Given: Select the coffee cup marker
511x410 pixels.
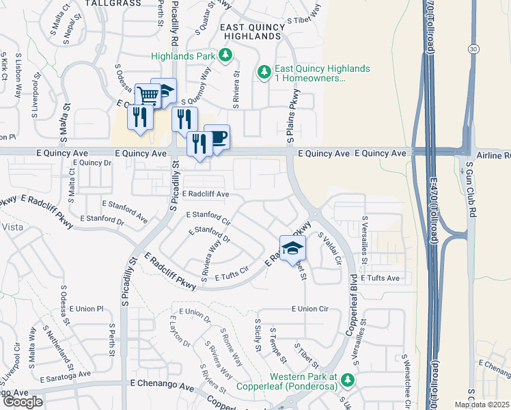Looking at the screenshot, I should click(217, 137).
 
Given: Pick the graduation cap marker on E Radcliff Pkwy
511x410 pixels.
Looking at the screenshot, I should click(292, 247).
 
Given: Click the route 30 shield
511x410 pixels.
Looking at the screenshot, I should click(473, 49).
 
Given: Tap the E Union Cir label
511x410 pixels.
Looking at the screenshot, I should click(309, 309).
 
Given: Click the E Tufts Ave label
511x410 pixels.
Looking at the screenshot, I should click(380, 278).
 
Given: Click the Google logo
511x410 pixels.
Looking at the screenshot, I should click(22, 401).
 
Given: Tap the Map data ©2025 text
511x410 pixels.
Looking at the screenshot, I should click(481, 405).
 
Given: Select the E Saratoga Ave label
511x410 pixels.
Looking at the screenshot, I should click(65, 375).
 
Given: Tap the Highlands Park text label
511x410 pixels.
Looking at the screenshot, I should click(184, 56).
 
